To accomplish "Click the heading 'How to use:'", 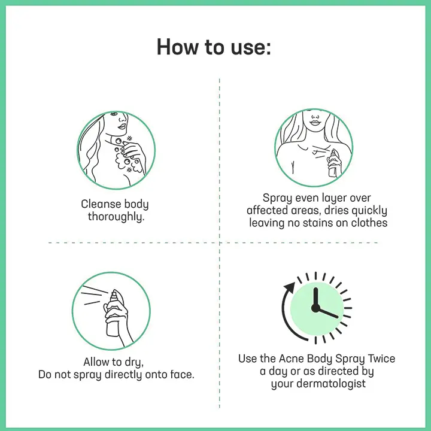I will [214, 47].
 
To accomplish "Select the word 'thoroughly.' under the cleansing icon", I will [116, 217].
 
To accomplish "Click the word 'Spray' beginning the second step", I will [278, 198].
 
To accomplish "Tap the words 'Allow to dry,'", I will [114, 363].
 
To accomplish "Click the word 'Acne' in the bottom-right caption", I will [291, 359].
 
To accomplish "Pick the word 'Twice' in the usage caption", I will [378, 359].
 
